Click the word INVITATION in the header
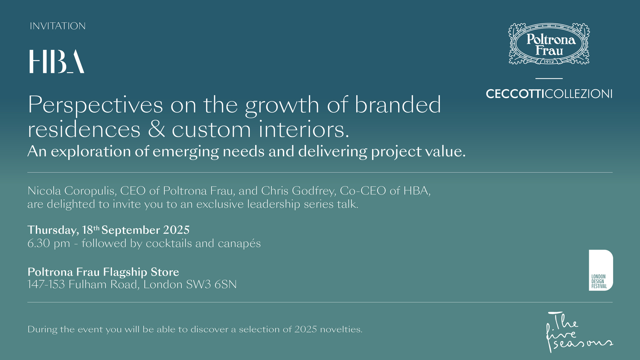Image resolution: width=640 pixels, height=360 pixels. pyautogui.click(x=58, y=26)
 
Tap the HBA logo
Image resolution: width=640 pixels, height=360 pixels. pyautogui.click(x=56, y=61)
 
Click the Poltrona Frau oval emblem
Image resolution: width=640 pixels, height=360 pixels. pyautogui.click(x=549, y=44)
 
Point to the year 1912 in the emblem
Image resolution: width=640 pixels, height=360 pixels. pyautogui.click(x=549, y=62)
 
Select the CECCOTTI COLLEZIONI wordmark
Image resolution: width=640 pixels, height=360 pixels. pyautogui.click(x=549, y=94)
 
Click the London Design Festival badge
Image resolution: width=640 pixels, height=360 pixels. pyautogui.click(x=601, y=270)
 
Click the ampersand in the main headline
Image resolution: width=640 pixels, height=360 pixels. pyautogui.click(x=156, y=129)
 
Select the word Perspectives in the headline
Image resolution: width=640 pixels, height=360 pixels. pyautogui.click(x=95, y=105)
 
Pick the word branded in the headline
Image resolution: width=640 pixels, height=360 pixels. pyautogui.click(x=398, y=105)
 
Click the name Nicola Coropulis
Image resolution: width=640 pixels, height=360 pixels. pyautogui.click(x=72, y=191)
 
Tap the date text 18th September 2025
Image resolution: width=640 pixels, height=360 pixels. pyautogui.click(x=136, y=230)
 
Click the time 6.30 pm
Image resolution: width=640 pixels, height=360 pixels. pyautogui.click(x=49, y=244)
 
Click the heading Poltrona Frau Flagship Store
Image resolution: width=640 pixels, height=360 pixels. pyautogui.click(x=103, y=272)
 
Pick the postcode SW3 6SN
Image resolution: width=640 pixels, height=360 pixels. pyautogui.click(x=211, y=285)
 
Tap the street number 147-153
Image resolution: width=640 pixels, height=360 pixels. pyautogui.click(x=46, y=285)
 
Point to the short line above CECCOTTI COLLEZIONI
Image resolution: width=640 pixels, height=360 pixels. pyautogui.click(x=549, y=78)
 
